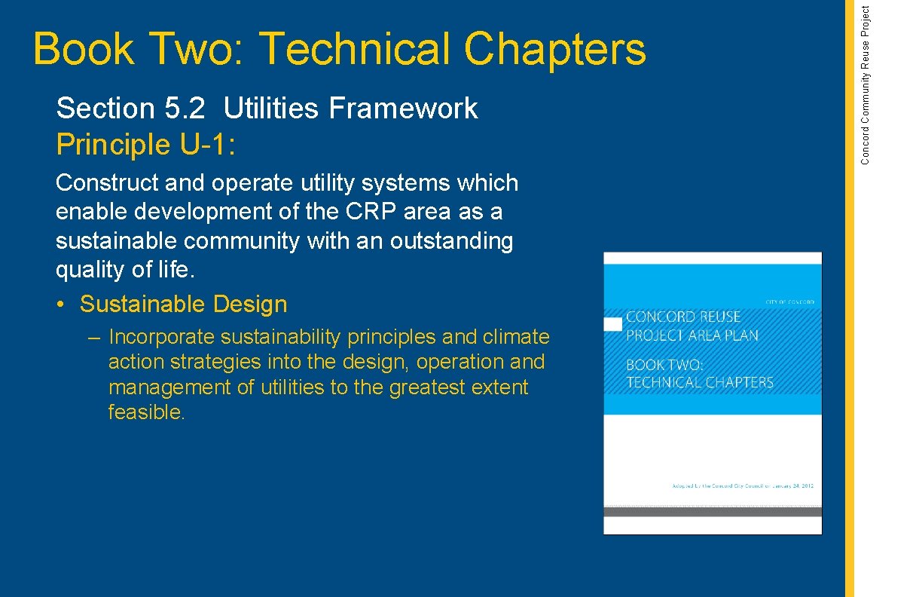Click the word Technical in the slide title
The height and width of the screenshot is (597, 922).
pyautogui.click(x=355, y=50)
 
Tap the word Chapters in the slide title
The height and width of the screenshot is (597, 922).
pyautogui.click(x=554, y=50)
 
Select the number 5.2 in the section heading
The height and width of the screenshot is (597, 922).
pyautogui.click(x=184, y=109)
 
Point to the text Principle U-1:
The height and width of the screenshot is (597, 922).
pyautogui.click(x=146, y=144)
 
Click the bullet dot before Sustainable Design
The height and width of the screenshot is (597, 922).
pyautogui.click(x=60, y=305)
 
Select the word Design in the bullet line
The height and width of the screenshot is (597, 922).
pyautogui.click(x=250, y=305)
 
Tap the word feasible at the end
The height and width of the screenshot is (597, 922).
pyautogui.click(x=145, y=413)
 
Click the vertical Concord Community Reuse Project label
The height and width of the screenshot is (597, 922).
pyautogui.click(x=866, y=84)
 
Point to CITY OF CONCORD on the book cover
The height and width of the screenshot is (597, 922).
pyautogui.click(x=789, y=302)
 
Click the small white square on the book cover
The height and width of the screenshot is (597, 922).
pyautogui.click(x=613, y=324)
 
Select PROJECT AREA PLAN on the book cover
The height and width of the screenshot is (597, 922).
pyautogui.click(x=692, y=335)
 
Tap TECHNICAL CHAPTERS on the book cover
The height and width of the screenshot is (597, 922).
pyautogui.click(x=700, y=382)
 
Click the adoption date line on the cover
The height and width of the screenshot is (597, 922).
pyautogui.click(x=742, y=486)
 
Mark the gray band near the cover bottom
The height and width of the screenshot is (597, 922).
pyautogui.click(x=712, y=512)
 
